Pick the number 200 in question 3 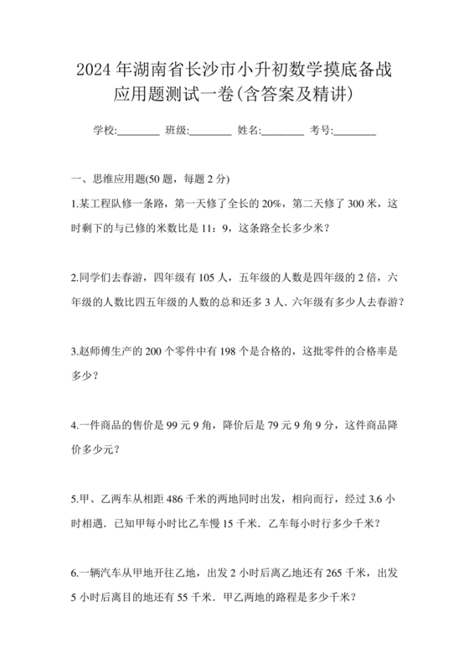click(154, 353)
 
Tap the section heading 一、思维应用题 click(108, 179)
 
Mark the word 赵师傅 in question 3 click(95, 353)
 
